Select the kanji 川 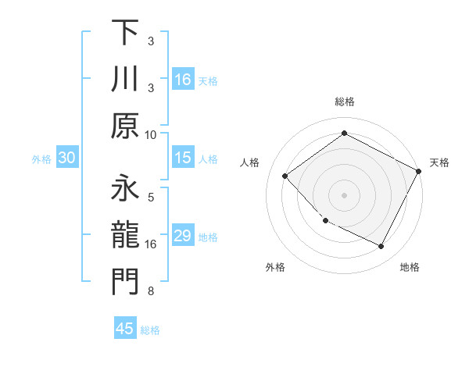tap(126, 80)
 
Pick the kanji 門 tap(126, 283)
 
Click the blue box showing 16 tap(183, 80)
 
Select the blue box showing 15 tap(183, 159)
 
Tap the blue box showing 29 tap(183, 237)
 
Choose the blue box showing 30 tap(66, 159)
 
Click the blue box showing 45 tap(125, 329)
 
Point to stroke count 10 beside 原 tap(151, 134)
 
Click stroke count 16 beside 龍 tap(151, 244)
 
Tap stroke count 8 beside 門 tap(151, 292)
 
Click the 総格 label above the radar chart tap(345, 102)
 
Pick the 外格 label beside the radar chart tap(275, 268)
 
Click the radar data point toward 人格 tap(285, 176)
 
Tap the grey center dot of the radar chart tap(344, 194)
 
